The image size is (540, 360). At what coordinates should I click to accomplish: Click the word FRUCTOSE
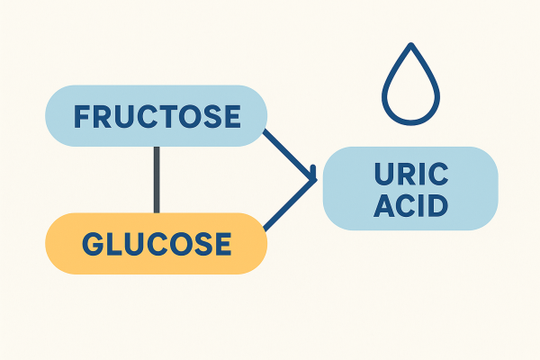157,117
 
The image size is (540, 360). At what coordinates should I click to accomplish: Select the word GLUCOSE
157,243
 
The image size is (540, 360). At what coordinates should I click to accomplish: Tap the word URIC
410,175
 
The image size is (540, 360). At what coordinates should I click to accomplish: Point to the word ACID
410,207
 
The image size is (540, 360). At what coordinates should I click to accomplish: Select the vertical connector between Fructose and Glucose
157,180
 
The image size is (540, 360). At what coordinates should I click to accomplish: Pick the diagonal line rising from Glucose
290,205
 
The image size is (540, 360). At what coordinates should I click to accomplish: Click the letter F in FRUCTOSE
78,117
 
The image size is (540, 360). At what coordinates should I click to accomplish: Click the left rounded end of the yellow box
51,243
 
